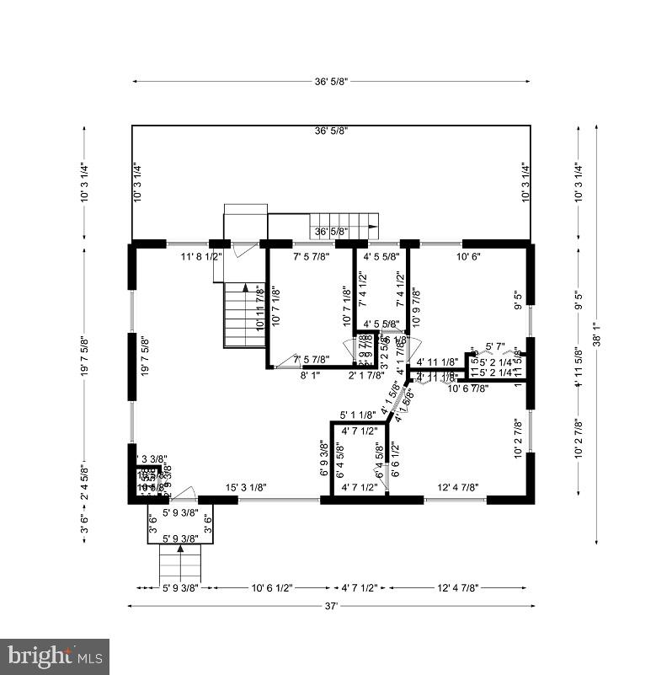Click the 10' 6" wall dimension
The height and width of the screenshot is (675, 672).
click(468, 256)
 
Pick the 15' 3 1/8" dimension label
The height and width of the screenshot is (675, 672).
click(246, 487)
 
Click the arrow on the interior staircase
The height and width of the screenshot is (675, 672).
click(245, 288)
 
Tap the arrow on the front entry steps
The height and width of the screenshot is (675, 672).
click(179, 549)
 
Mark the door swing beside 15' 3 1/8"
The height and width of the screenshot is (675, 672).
click(186, 493)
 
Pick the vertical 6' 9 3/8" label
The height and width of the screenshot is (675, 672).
click(324, 459)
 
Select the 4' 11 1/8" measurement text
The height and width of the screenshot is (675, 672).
click(436, 362)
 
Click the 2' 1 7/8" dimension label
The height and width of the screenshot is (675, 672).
click(366, 377)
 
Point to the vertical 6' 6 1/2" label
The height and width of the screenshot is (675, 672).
click(394, 459)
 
